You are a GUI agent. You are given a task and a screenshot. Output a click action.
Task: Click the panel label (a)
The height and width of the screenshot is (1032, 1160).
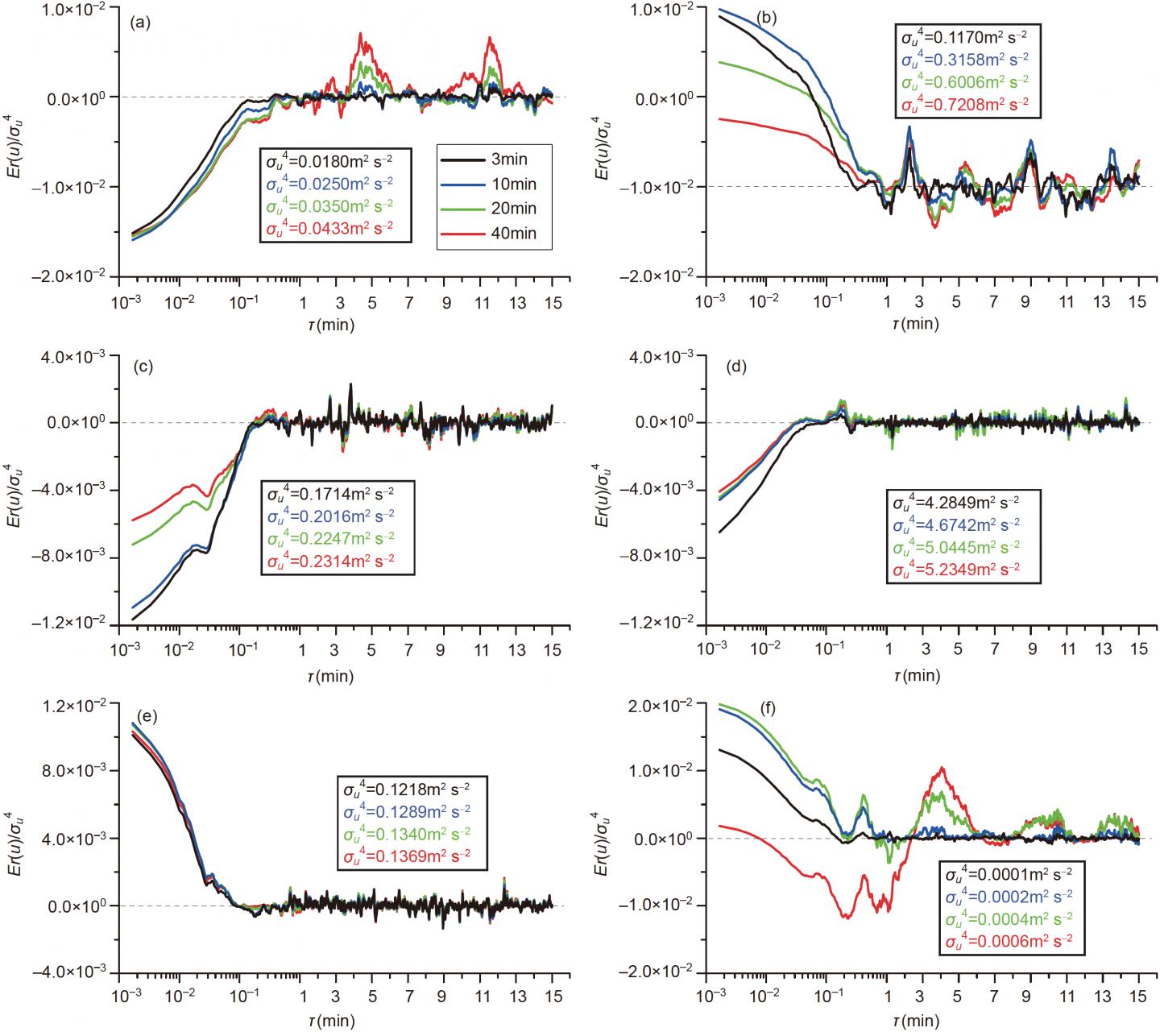140,23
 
